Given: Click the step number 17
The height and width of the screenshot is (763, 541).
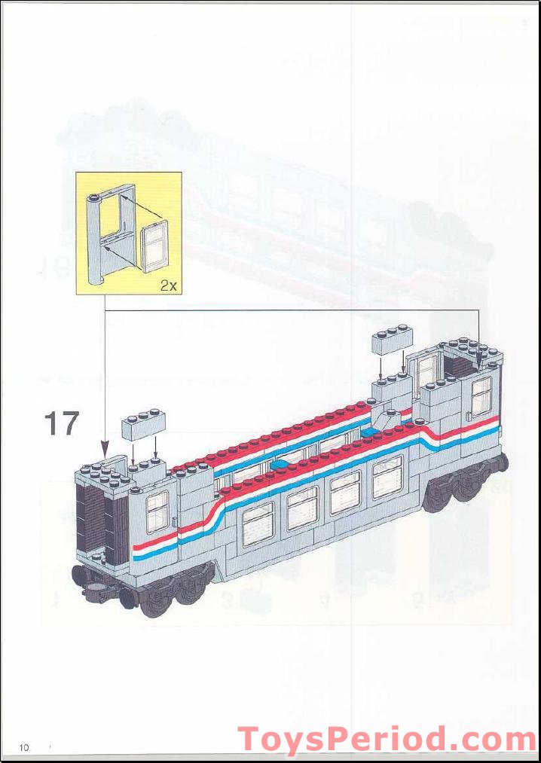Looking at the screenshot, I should click(x=62, y=423).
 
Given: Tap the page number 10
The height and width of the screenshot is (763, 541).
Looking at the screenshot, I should click(x=24, y=747).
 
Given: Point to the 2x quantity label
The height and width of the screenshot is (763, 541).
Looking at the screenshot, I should click(x=169, y=285).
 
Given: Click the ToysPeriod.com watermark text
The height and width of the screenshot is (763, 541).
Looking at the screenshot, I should click(x=387, y=740).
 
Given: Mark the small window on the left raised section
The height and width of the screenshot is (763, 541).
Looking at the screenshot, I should click(x=157, y=511).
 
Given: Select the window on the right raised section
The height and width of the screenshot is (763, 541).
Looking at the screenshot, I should click(x=481, y=394).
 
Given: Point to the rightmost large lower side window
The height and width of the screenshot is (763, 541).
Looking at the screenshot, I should click(x=387, y=475).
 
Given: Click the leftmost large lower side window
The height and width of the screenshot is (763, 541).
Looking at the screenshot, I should click(x=258, y=523).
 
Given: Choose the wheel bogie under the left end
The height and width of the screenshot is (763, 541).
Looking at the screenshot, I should click(x=162, y=594).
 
